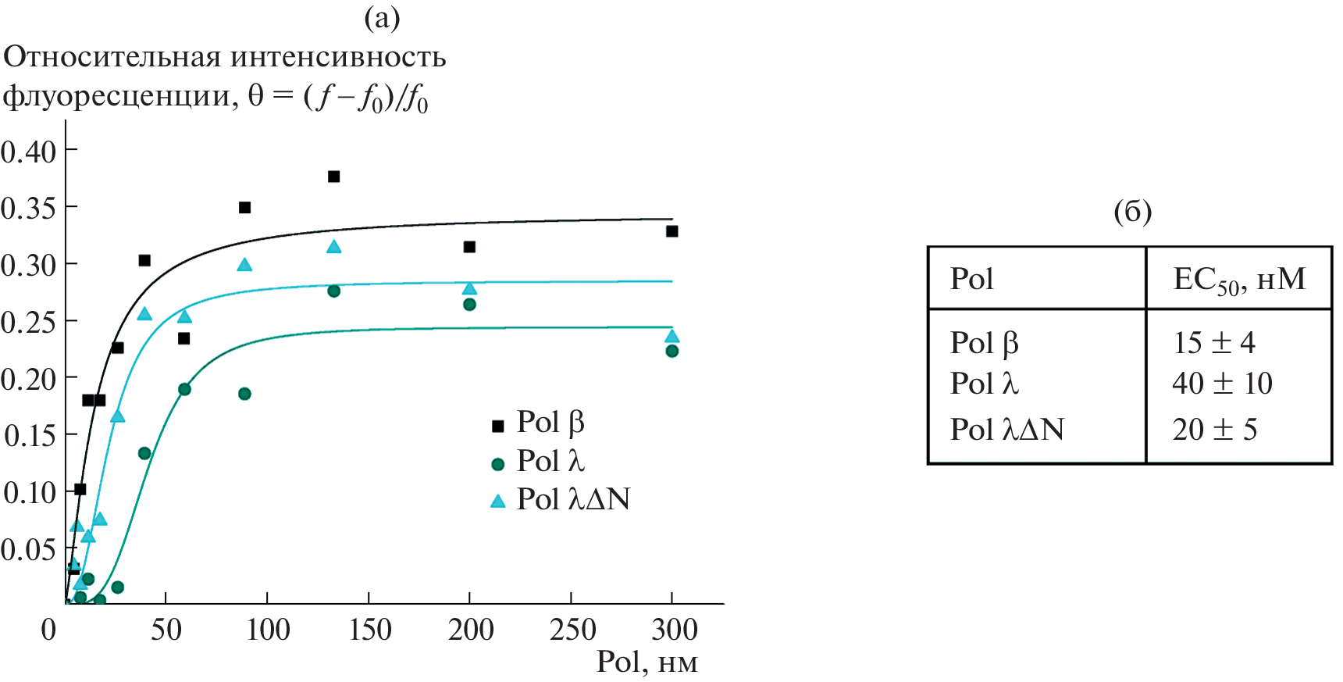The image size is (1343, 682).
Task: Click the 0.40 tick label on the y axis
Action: [29, 151]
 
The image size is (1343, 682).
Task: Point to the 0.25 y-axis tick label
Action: [29, 321]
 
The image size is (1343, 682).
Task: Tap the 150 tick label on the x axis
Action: [369, 630]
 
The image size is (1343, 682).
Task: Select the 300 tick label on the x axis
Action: [674, 630]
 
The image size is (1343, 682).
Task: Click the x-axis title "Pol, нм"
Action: [647, 662]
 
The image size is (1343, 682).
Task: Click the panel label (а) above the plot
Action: [382, 17]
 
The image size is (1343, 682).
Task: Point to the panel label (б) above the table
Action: [1132, 211]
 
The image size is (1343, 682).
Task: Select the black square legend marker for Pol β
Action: [497, 426]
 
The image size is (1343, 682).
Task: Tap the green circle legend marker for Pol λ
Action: [497, 464]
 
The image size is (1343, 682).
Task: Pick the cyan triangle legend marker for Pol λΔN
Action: [497, 501]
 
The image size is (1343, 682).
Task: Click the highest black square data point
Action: [333, 177]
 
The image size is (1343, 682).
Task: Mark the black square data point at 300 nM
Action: [671, 231]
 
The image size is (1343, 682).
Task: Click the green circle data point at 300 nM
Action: [671, 351]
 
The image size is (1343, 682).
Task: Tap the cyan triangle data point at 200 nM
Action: [469, 288]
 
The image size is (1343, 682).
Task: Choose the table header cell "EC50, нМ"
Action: [1238, 280]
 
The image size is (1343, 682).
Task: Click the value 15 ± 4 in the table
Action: [1213, 342]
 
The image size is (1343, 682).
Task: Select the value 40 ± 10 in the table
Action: [1222, 383]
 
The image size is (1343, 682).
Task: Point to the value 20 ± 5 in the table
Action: [1214, 429]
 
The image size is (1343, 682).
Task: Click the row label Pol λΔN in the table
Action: [1006, 429]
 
